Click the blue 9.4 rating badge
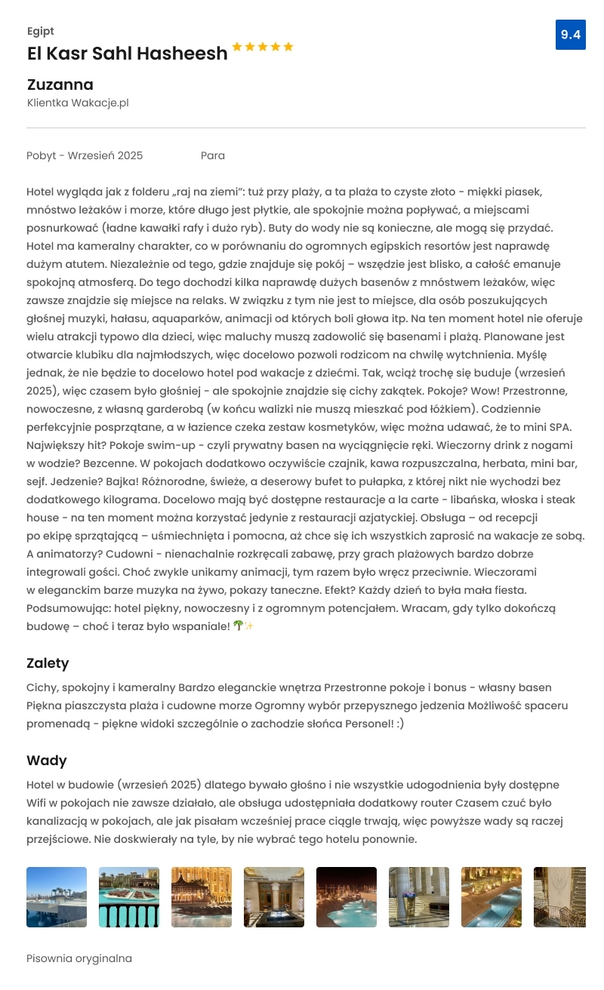[570, 35]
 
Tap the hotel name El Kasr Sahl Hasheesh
[127, 54]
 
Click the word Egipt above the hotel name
[40, 31]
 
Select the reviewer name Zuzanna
[60, 85]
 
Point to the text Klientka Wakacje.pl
[78, 103]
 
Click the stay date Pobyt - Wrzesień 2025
[85, 155]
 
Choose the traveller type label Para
[213, 155]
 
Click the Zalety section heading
[48, 663]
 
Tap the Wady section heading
[47, 760]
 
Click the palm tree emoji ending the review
[239, 626]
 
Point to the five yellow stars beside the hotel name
[262, 47]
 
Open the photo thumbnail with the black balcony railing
[129, 897]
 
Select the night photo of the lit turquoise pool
[347, 897]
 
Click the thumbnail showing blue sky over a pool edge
[57, 897]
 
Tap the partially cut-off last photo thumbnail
[559, 897]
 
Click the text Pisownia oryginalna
[79, 958]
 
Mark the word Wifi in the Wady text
[37, 803]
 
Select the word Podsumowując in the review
[66, 607]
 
